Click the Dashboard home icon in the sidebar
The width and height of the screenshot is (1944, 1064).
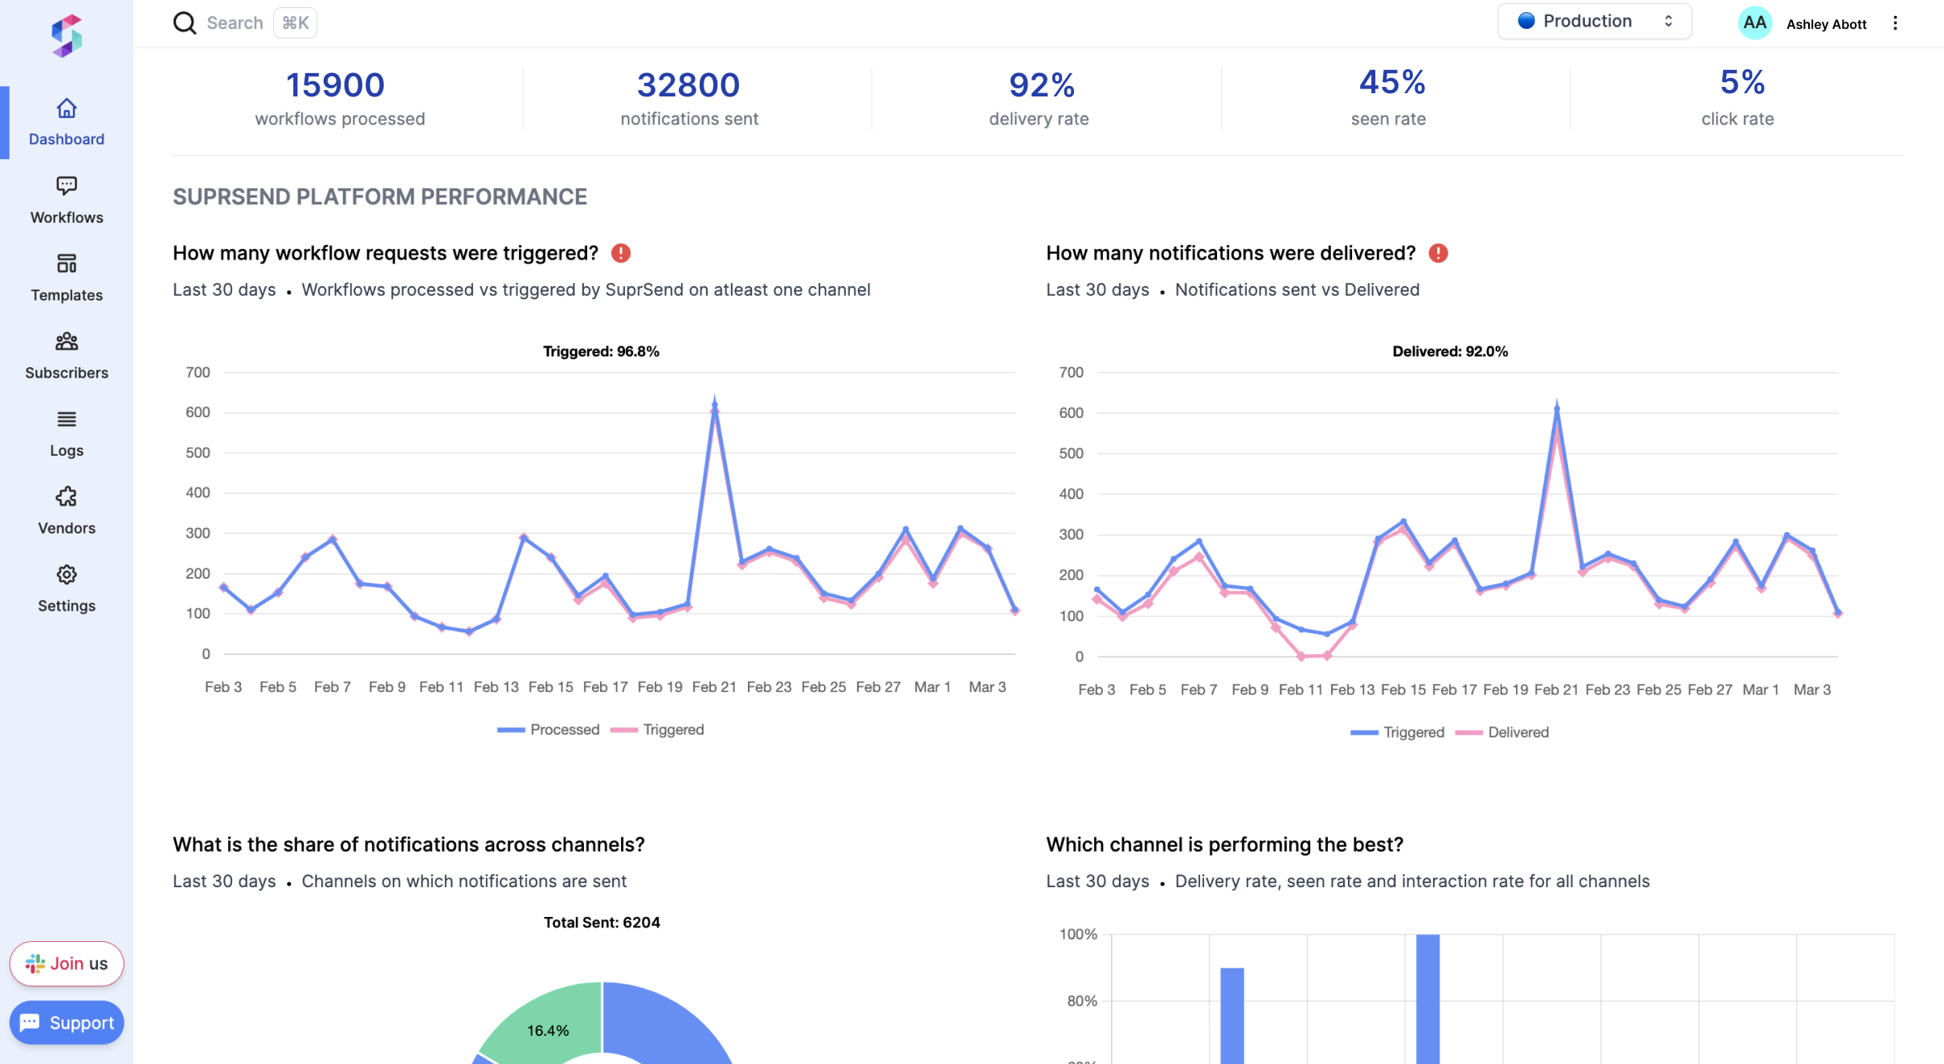[67, 108]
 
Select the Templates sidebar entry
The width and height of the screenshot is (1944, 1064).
[67, 278]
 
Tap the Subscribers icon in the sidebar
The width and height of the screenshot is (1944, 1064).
[67, 342]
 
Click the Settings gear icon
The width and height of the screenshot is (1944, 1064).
[67, 575]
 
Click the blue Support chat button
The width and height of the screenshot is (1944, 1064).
[67, 1022]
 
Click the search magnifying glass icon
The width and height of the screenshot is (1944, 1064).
[185, 23]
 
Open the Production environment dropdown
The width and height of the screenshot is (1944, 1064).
[1594, 22]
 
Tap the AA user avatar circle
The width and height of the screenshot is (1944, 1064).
[1754, 23]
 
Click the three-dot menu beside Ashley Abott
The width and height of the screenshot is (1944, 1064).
[1895, 23]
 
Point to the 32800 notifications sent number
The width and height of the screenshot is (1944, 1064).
[688, 85]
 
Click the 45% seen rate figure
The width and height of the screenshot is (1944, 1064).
[1391, 83]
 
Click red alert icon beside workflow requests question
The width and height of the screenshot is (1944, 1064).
[621, 253]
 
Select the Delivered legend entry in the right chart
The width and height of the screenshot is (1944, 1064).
[1502, 732]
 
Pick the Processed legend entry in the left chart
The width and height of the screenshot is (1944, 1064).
[549, 730]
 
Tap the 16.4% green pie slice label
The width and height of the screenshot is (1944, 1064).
[548, 1030]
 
